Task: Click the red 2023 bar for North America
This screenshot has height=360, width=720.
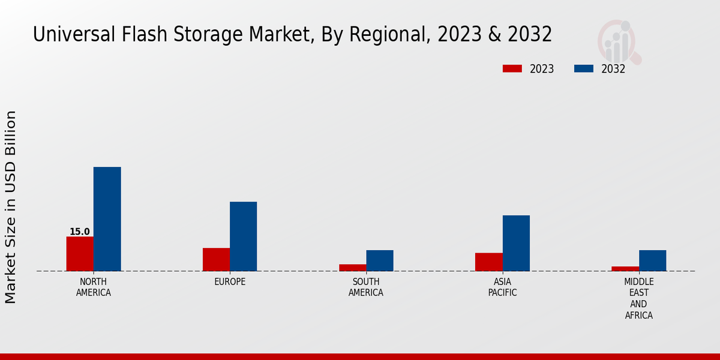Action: [x=80, y=254]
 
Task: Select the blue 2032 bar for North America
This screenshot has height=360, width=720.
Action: [x=107, y=219]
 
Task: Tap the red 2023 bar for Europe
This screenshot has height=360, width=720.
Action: [x=216, y=259]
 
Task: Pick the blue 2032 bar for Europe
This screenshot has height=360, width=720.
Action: [x=243, y=236]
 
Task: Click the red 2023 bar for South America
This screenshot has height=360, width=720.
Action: [x=352, y=268]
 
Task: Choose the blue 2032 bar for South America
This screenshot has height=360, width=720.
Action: [x=380, y=260]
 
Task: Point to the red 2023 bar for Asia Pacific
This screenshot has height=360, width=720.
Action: [x=488, y=262]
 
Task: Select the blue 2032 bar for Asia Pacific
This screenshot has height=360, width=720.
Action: [x=516, y=243]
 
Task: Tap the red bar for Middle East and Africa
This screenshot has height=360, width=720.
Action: [x=625, y=269]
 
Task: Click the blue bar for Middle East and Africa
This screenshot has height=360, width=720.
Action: [x=652, y=260]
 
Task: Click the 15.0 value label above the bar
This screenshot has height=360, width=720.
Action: [x=80, y=232]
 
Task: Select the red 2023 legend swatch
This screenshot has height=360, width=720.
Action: [x=512, y=69]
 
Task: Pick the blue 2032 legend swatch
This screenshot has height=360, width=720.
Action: [x=583, y=69]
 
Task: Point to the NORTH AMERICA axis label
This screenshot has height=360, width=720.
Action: [x=94, y=287]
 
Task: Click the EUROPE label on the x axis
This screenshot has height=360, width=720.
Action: [x=230, y=282]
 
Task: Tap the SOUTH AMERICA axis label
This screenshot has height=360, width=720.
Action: [x=366, y=287]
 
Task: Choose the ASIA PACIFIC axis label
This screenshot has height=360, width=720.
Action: [x=502, y=287]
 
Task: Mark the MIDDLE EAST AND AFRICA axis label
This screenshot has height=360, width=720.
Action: [x=638, y=298]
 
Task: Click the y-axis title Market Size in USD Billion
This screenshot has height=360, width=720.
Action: [x=11, y=207]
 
